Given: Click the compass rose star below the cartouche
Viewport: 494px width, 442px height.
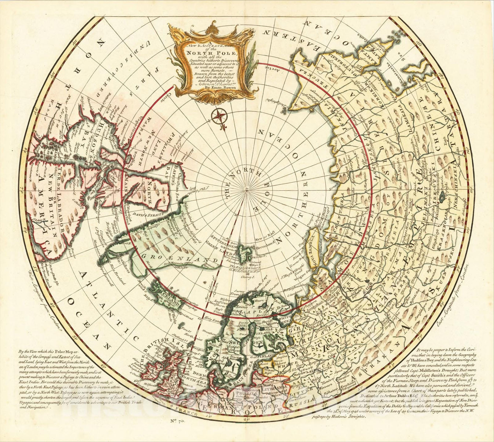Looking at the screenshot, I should click(219, 117).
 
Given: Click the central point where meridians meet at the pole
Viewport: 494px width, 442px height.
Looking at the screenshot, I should click(247, 190).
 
